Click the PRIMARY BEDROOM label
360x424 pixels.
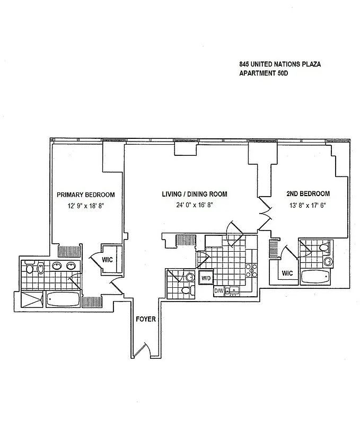85,195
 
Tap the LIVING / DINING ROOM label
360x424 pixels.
194,195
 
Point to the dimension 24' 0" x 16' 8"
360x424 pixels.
194,205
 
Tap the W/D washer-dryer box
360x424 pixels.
206,278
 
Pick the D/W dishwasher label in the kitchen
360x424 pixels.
218,290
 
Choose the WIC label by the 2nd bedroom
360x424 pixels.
287,273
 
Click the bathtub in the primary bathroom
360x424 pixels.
63,300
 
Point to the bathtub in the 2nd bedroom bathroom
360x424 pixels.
316,277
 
